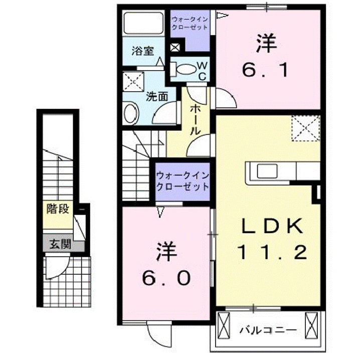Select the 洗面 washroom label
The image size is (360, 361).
[x=156, y=96]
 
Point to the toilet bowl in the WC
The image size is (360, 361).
[x=187, y=70]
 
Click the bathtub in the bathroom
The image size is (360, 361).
[x=143, y=24]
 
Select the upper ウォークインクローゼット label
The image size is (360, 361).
[x=190, y=23]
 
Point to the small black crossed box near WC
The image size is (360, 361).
[x=175, y=48]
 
